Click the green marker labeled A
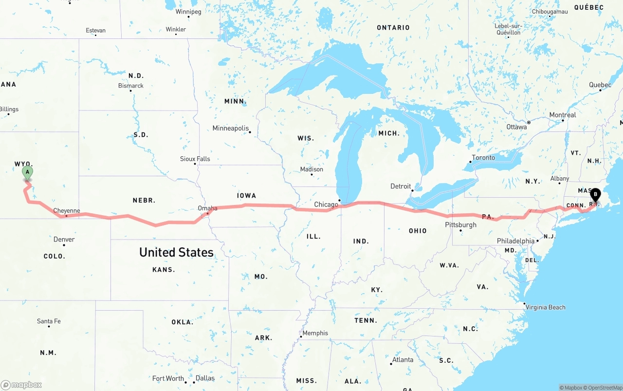click(28, 172)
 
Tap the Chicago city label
click(326, 205)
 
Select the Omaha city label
click(207, 208)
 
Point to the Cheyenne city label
click(66, 211)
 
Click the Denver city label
click(64, 239)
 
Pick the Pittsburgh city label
click(460, 224)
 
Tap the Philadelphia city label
click(515, 241)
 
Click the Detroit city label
click(401, 186)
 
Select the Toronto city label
click(483, 158)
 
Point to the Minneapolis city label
click(231, 129)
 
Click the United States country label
click(176, 252)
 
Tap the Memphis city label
click(315, 334)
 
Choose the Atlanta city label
click(403, 360)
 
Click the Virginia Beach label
click(546, 307)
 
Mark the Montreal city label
click(562, 115)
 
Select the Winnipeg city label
click(188, 12)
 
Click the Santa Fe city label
click(49, 321)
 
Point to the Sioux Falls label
click(195, 159)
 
